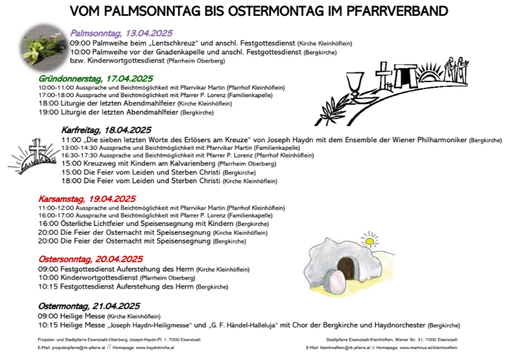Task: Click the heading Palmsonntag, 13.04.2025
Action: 121,33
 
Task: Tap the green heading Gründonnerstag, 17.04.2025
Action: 96,78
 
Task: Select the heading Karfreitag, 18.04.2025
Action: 106,130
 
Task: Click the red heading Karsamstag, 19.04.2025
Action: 87,199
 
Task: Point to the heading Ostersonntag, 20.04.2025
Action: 90,259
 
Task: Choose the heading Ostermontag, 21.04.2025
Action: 89,306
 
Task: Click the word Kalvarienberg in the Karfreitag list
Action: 188,164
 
